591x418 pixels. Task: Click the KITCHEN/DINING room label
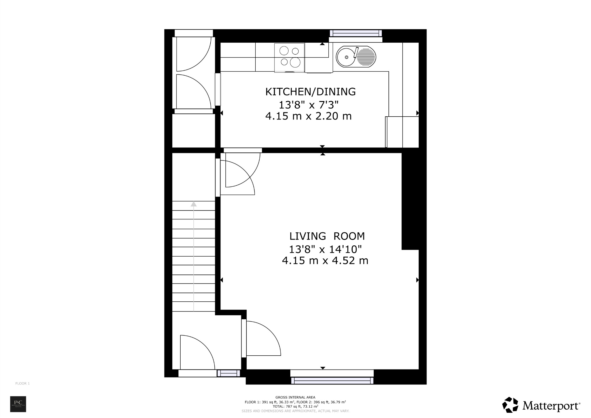[310, 92]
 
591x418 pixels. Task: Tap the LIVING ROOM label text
[327, 236]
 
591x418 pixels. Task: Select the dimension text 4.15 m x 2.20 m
[308, 116]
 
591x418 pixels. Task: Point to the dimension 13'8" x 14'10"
[325, 249]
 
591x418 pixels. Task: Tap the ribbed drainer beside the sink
[366, 57]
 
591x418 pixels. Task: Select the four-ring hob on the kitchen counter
[289, 57]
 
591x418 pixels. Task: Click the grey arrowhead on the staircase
[194, 204]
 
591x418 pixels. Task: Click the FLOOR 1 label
[23, 383]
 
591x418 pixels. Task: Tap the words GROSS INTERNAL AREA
[295, 397]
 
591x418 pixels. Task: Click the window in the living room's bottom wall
[332, 380]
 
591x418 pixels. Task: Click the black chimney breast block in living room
[410, 201]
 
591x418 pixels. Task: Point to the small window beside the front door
[229, 373]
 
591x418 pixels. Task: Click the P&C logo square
[18, 404]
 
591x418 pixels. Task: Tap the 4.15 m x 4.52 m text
[325, 261]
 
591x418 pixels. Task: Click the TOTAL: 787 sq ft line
[295, 406]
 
